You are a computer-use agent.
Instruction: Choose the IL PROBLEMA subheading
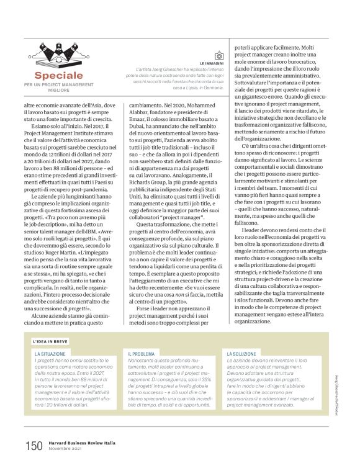click(x=141, y=353)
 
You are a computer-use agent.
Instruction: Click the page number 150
click(x=34, y=445)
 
